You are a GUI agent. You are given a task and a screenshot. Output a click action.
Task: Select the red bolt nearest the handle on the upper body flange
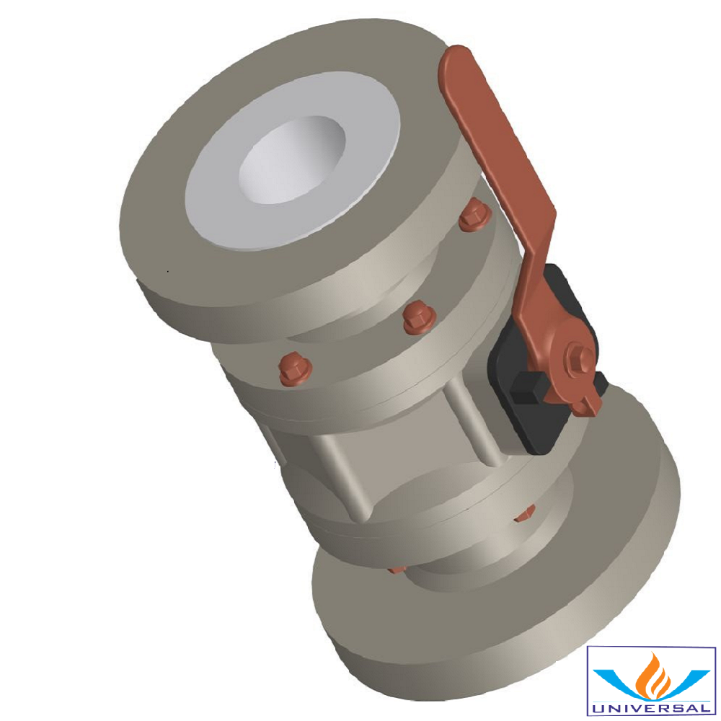pyautogui.click(x=474, y=215)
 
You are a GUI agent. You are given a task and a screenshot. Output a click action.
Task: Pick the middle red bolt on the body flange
pyautogui.click(x=417, y=317)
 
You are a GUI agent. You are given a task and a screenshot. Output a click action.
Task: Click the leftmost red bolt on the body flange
pyautogui.click(x=295, y=368)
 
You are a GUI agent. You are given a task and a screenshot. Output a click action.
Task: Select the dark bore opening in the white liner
pyautogui.click(x=288, y=162)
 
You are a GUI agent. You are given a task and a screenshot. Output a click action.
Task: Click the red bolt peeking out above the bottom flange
pyautogui.click(x=397, y=569)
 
